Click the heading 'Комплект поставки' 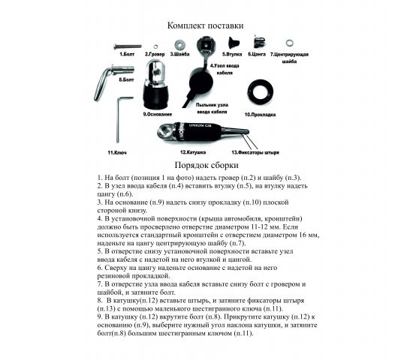click(205, 25)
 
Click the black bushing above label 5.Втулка click(233, 42)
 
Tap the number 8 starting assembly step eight click(100, 298)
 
